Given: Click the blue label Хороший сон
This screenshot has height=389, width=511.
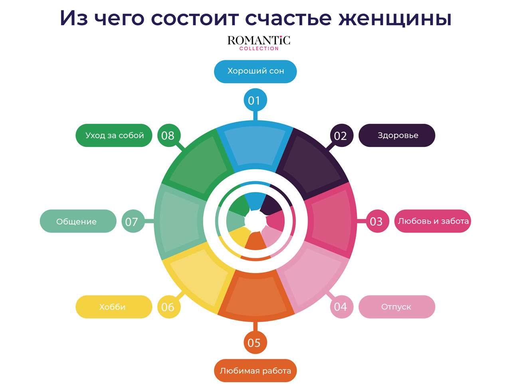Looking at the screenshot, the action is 255,71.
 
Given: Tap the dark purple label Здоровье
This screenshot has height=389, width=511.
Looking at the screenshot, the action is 397,135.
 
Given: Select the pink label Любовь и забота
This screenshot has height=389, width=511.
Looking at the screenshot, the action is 433,221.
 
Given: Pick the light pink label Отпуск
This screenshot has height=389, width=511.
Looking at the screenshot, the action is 396,307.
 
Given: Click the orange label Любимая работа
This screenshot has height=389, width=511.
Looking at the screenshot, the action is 255,371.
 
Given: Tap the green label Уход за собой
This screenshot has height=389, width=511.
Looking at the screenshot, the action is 114,135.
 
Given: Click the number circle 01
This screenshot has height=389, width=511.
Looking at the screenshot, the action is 255,100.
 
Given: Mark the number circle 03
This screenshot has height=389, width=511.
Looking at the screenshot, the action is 377,221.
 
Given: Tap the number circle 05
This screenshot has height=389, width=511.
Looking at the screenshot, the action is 255,343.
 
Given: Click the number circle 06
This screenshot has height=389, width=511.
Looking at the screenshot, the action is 168,307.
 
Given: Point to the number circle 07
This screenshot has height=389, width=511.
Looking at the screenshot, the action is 133,221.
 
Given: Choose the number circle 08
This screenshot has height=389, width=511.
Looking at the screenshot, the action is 168,136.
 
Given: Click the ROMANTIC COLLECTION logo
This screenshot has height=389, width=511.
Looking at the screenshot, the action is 259,43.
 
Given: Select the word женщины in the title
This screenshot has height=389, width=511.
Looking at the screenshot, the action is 395,18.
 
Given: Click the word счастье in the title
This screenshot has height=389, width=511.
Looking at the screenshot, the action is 288,18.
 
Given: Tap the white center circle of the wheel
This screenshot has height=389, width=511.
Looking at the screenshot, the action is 255,220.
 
